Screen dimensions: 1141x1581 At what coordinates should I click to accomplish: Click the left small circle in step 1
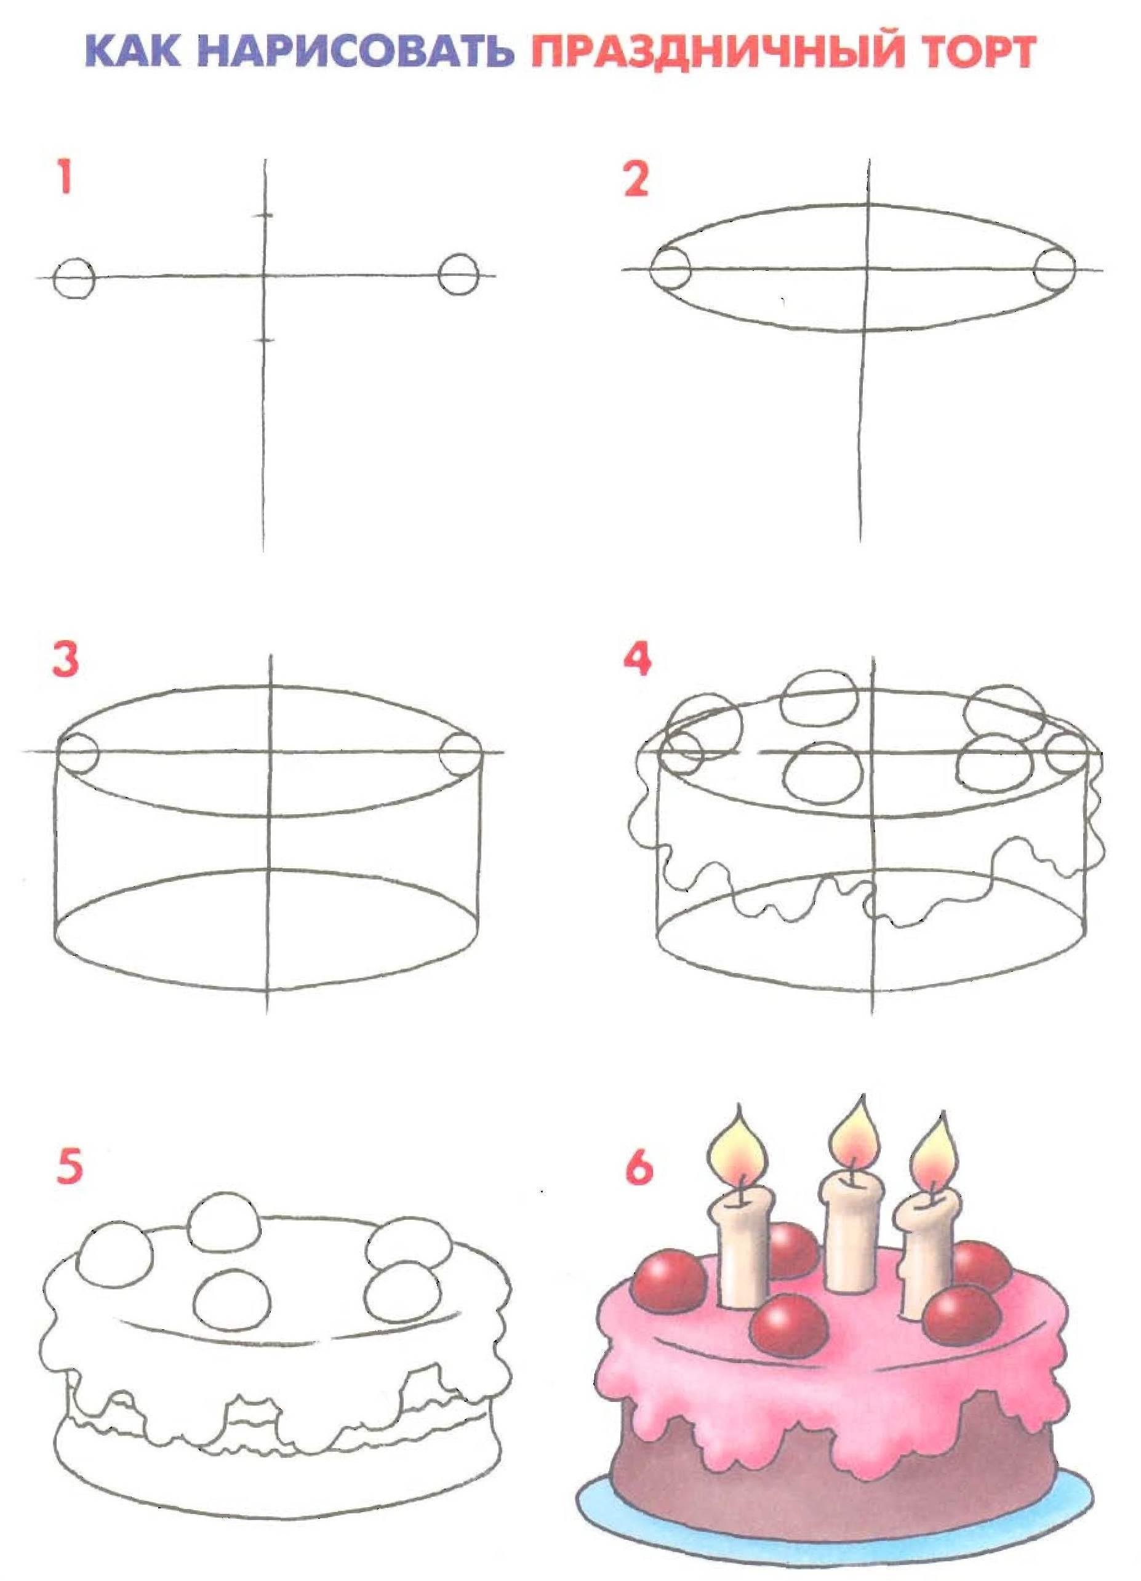(x=74, y=279)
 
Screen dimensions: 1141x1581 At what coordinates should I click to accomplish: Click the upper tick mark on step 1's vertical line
(x=263, y=215)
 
